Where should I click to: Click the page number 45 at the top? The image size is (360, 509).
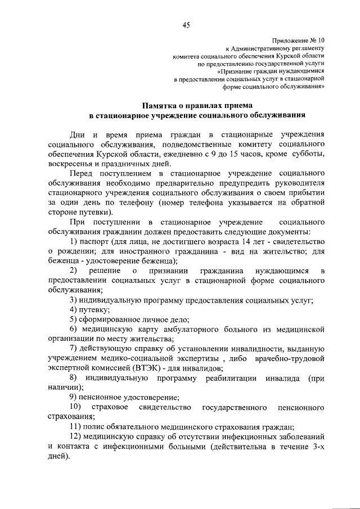tap(186, 24)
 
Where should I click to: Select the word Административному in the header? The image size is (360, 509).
tap(260, 49)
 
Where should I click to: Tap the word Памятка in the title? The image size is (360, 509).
tap(160, 105)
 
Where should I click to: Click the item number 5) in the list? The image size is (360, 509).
tap(73, 318)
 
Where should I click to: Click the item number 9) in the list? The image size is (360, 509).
tap(73, 397)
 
